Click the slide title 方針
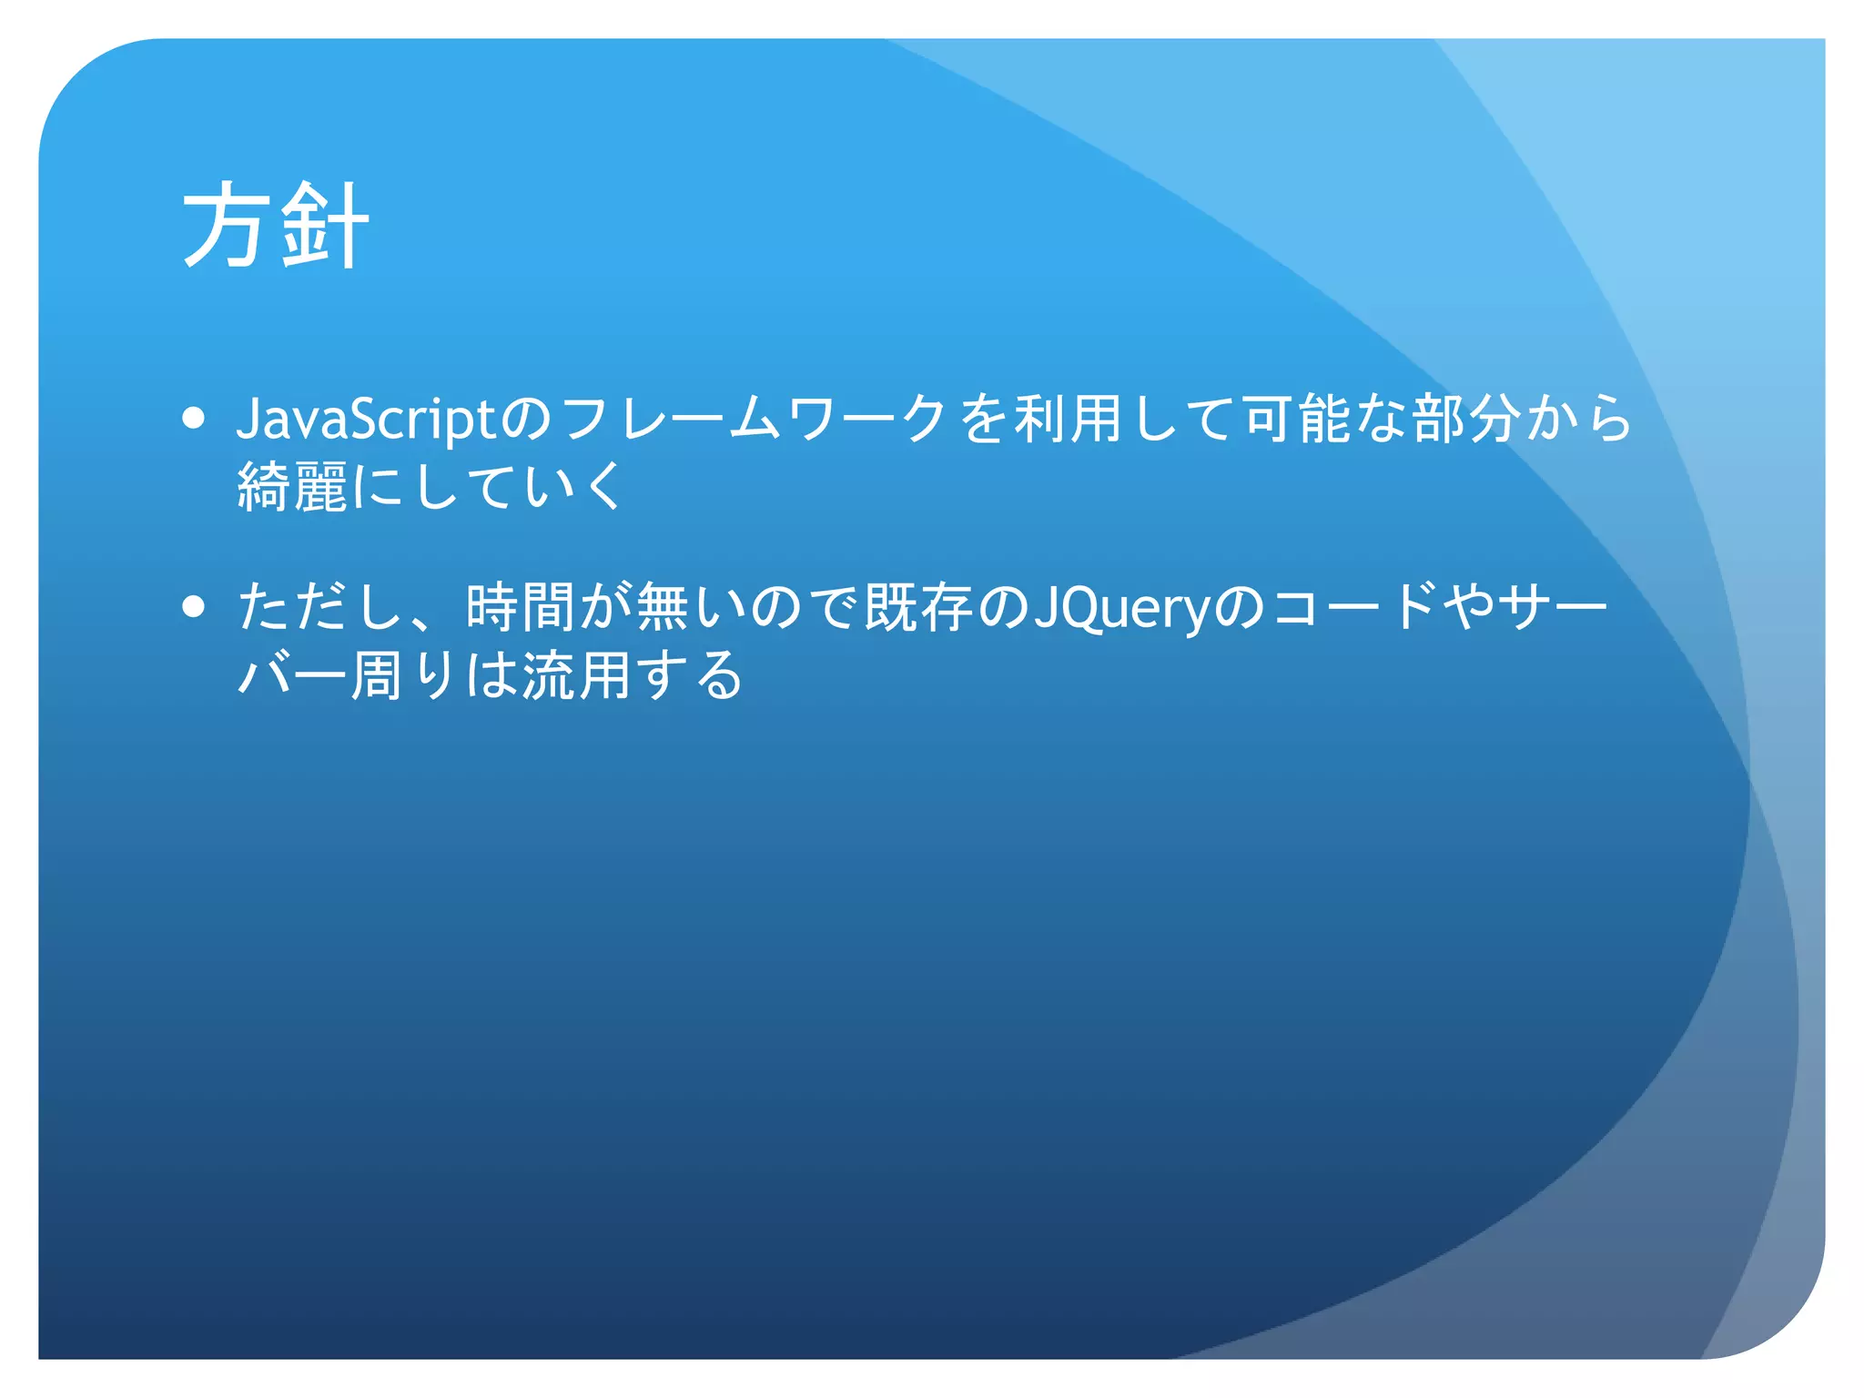275,225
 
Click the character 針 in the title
324,225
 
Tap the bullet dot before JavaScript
193,418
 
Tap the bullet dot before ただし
193,606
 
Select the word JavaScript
366,420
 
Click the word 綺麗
292,486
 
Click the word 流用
576,675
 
